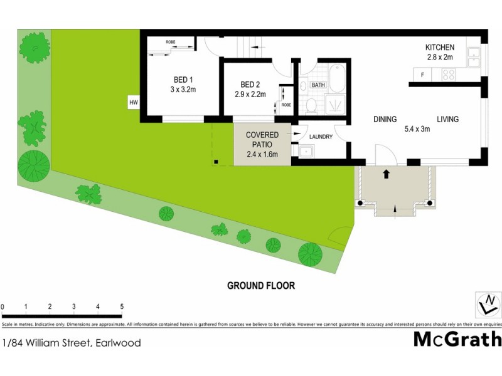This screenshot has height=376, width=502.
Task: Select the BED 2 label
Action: click(250, 85)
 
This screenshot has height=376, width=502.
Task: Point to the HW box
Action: click(133, 102)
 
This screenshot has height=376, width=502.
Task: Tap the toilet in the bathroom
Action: click(311, 104)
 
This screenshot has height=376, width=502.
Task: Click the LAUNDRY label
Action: click(319, 135)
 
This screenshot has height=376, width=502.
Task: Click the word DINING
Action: click(385, 119)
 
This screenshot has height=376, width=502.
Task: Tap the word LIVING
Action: click(448, 119)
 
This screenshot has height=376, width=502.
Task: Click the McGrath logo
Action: click(457, 339)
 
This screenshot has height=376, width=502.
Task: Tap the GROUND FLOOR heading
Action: click(260, 286)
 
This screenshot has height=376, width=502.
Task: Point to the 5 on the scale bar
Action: click(122, 306)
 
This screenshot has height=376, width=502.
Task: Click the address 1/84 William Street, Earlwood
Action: click(72, 343)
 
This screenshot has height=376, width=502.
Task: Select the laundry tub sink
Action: click(307, 151)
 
